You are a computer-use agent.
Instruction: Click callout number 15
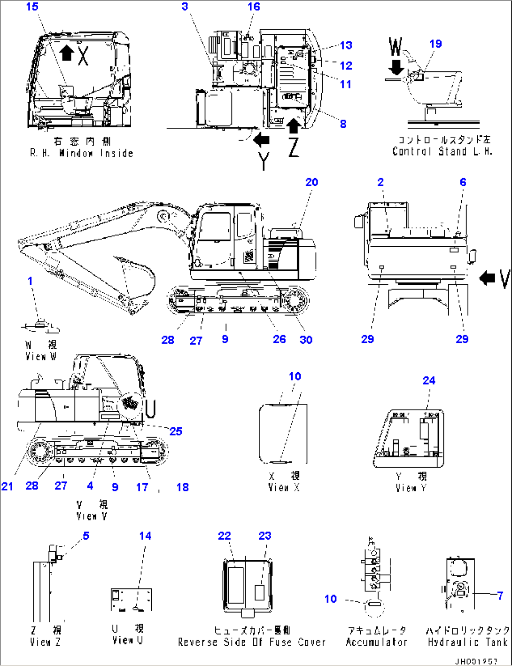(32, 7)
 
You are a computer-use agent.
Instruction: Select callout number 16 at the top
(254, 7)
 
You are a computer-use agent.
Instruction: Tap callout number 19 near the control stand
(435, 44)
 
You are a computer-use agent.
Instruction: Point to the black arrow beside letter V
(488, 278)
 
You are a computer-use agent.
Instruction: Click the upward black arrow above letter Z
(294, 126)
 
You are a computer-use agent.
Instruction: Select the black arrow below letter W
(396, 66)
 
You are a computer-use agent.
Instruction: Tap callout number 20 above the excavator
(311, 182)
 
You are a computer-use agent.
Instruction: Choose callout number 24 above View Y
(429, 381)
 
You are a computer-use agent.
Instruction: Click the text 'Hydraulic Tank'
(468, 642)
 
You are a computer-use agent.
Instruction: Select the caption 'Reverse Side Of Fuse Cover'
(251, 642)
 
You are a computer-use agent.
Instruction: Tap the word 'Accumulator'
(376, 642)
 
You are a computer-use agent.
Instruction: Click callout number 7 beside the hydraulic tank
(500, 595)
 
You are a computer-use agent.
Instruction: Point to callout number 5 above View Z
(86, 536)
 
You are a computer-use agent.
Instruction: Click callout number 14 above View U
(145, 536)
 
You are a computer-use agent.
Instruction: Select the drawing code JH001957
(475, 661)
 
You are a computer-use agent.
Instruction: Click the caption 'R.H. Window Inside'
(82, 153)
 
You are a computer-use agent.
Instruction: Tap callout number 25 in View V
(176, 431)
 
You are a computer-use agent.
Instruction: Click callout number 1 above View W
(30, 281)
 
